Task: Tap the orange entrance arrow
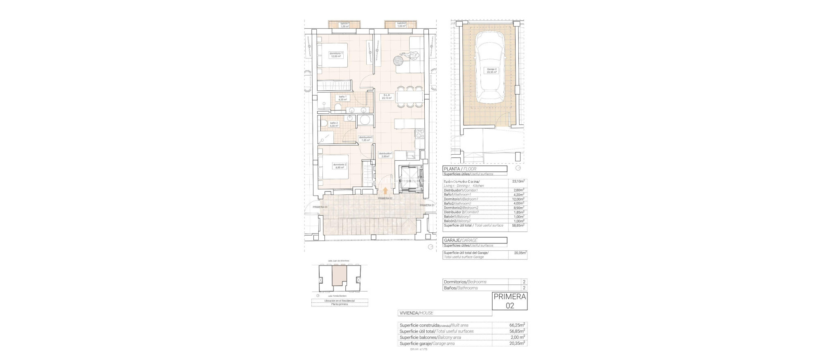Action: pos(99,190)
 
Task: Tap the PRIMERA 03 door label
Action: pos(320,207)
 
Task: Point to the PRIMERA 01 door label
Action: pos(426,205)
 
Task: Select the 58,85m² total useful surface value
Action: pos(518,225)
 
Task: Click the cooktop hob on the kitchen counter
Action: pos(420,133)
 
